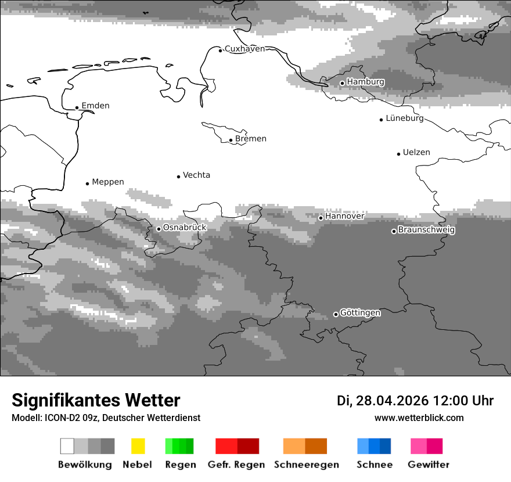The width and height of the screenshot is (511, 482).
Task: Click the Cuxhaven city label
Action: click(x=244, y=49)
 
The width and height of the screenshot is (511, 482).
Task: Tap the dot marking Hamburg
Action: click(x=342, y=83)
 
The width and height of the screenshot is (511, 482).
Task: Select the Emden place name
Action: click(x=95, y=106)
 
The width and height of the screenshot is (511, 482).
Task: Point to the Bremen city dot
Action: click(x=231, y=140)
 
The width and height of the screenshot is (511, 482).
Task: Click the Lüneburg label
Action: click(x=405, y=118)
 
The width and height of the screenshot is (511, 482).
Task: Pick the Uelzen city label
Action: click(x=416, y=153)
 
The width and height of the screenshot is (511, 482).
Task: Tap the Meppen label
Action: click(x=108, y=182)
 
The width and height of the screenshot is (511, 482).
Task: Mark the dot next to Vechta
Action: click(x=179, y=177)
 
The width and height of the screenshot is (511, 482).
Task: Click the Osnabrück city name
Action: click(x=185, y=228)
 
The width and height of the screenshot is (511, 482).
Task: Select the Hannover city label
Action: click(x=344, y=216)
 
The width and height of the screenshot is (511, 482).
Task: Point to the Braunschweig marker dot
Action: click(x=394, y=231)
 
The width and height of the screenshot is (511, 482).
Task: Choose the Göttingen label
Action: click(x=360, y=313)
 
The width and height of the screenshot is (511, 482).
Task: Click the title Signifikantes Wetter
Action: click(x=96, y=401)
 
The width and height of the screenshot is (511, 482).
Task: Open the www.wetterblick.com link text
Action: click(x=419, y=418)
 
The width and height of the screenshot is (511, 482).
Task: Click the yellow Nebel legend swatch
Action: click(x=138, y=446)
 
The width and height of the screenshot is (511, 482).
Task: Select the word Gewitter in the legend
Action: click(x=428, y=465)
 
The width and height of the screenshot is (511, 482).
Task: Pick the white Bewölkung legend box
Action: click(x=67, y=446)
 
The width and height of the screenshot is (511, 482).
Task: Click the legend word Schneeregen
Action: click(x=306, y=465)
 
